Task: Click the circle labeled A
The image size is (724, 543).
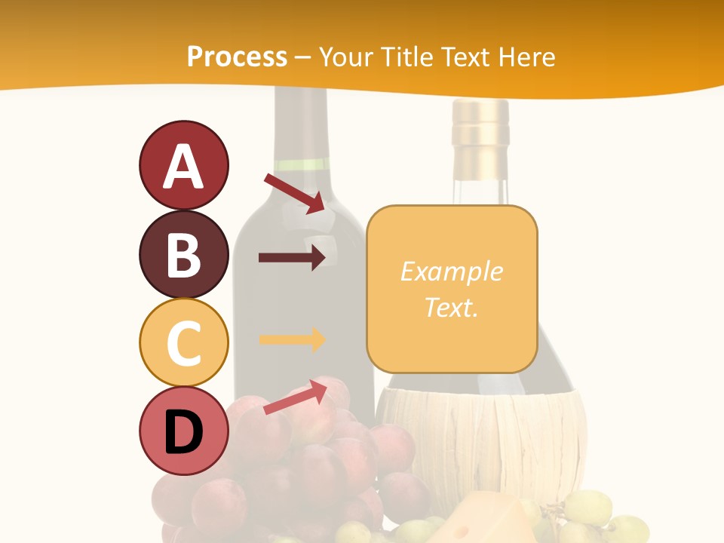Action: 183,165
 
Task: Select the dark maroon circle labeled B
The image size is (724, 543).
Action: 183,254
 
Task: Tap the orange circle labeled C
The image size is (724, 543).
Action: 183,342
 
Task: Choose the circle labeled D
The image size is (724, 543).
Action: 183,431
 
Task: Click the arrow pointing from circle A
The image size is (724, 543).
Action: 294,193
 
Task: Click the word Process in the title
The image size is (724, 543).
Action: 237,57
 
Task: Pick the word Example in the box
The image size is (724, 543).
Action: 451,271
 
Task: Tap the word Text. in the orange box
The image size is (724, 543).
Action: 451,307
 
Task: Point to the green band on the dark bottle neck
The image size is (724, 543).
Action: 301,164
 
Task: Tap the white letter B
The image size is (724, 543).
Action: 183,255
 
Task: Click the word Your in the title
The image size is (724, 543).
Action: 348,57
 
